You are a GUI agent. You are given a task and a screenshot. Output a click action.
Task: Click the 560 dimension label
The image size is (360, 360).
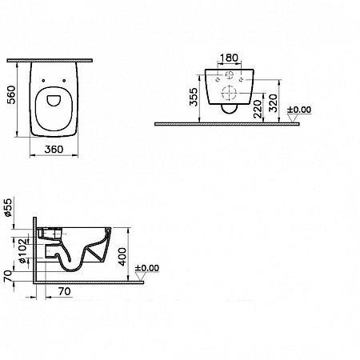(x=12, y=94)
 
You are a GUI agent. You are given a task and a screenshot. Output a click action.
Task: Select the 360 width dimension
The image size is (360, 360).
(x=54, y=150)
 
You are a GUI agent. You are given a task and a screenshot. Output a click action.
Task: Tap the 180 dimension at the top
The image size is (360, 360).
(x=230, y=58)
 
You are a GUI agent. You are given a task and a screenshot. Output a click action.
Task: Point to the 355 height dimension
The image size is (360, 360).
(x=194, y=97)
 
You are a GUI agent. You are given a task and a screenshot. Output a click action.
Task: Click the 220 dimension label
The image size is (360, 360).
(x=258, y=109)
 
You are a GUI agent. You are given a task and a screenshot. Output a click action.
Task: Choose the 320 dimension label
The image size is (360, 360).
(x=273, y=103)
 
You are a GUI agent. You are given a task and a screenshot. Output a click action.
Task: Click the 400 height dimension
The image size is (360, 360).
(x=122, y=257)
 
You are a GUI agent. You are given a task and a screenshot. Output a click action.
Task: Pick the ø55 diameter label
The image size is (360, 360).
(x=9, y=207)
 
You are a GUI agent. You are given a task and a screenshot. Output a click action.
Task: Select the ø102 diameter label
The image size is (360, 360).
(x=23, y=251)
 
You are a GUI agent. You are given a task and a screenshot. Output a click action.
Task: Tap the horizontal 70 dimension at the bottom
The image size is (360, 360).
(x=65, y=291)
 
